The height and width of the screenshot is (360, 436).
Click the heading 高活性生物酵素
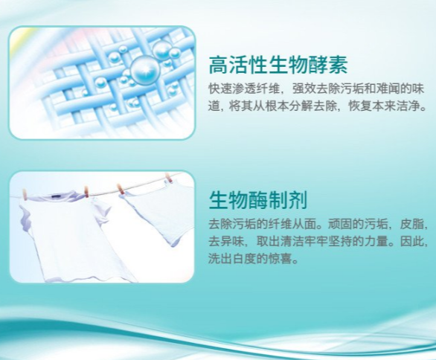point(278,65)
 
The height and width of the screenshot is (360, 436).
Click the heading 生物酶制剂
point(258,200)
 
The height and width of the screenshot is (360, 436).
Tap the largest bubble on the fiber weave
point(144,71)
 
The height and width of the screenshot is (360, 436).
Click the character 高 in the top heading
point(218,65)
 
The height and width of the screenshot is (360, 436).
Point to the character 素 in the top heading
point(338,65)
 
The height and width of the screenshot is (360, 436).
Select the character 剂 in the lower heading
point(298,200)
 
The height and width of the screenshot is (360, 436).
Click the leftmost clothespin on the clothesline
point(25,195)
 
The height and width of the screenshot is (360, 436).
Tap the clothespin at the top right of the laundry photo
point(168,177)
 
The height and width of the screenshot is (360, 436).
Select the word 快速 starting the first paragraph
point(220,89)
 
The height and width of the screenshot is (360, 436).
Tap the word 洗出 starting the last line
point(220,259)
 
